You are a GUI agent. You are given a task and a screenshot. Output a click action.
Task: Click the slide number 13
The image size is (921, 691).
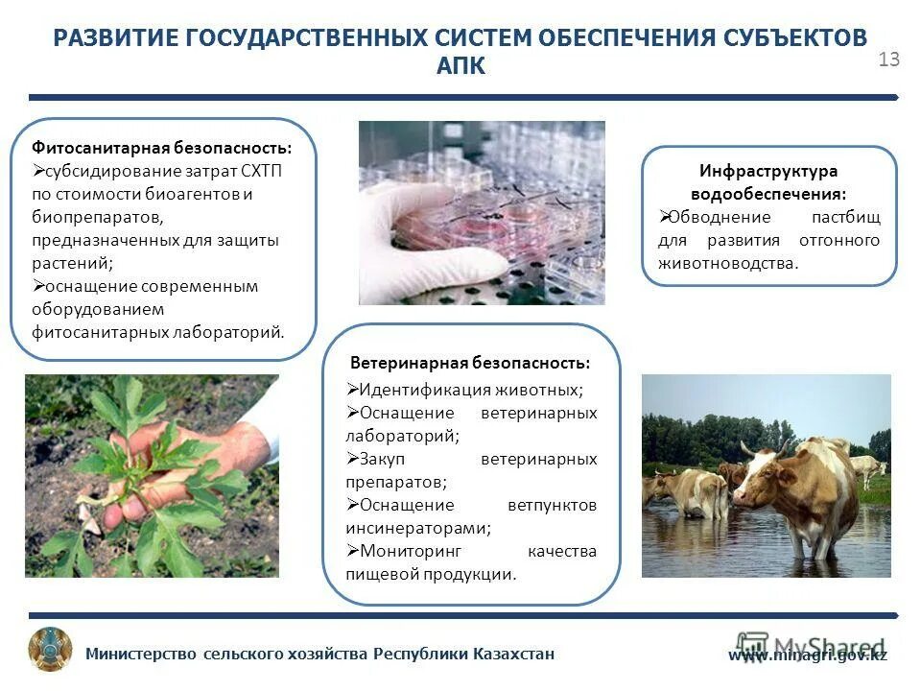tap(888, 60)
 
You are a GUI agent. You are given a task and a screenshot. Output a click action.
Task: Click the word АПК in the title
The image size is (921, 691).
tap(460, 66)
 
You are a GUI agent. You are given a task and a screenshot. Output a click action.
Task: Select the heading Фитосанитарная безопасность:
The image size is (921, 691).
tap(162, 148)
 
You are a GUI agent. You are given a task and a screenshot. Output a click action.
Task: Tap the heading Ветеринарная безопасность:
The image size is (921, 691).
tap(470, 363)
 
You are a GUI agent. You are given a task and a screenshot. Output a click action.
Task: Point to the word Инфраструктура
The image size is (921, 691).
tap(768, 171)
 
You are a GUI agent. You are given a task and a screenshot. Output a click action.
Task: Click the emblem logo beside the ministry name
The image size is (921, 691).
tap(50, 650)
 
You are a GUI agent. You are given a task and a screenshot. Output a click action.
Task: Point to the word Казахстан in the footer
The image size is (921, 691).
tap(513, 655)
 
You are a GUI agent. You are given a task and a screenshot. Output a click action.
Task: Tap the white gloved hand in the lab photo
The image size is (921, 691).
tap(432, 235)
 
